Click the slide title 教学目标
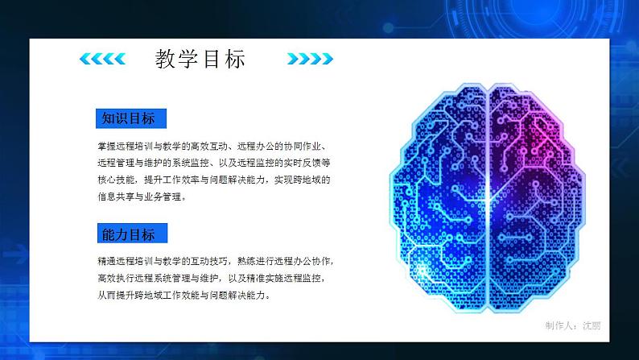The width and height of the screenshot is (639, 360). (200, 59)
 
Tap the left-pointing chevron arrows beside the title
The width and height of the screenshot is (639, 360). (103, 59)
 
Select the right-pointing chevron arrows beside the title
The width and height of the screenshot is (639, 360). (309, 59)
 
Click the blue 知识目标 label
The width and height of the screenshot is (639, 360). (128, 118)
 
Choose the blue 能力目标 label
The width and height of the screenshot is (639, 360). (128, 234)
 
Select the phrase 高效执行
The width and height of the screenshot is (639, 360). (113, 279)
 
